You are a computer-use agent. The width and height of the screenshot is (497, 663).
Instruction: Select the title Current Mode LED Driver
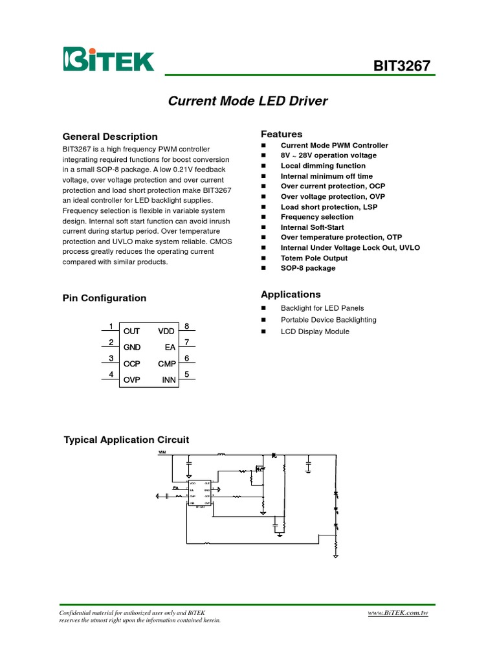(x=248, y=101)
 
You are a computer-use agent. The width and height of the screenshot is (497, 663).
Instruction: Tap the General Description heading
(x=109, y=137)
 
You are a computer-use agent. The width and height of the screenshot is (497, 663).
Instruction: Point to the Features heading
(x=282, y=134)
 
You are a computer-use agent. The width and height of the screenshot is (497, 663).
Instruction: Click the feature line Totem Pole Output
(x=314, y=258)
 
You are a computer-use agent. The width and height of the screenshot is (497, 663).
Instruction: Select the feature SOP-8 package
(x=308, y=268)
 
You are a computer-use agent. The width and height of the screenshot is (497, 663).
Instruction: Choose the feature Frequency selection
(x=317, y=217)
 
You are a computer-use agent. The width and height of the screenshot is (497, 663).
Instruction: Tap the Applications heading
(x=291, y=294)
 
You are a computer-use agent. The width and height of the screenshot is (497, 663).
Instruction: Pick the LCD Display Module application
(x=315, y=331)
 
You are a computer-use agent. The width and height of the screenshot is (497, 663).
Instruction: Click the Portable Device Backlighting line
(x=328, y=320)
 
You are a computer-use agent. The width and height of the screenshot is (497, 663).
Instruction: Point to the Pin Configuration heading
(x=104, y=298)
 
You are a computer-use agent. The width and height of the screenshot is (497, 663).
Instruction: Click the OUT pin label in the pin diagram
(x=131, y=331)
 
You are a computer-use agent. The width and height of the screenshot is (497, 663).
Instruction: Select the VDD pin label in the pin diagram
(x=167, y=331)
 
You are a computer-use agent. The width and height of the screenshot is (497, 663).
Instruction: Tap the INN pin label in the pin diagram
(x=169, y=380)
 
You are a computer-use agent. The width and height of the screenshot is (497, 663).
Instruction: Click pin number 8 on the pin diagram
(x=186, y=326)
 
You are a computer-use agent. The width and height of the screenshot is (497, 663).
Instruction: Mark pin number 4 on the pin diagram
(x=111, y=374)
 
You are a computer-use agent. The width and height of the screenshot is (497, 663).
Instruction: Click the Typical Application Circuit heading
(x=126, y=440)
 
